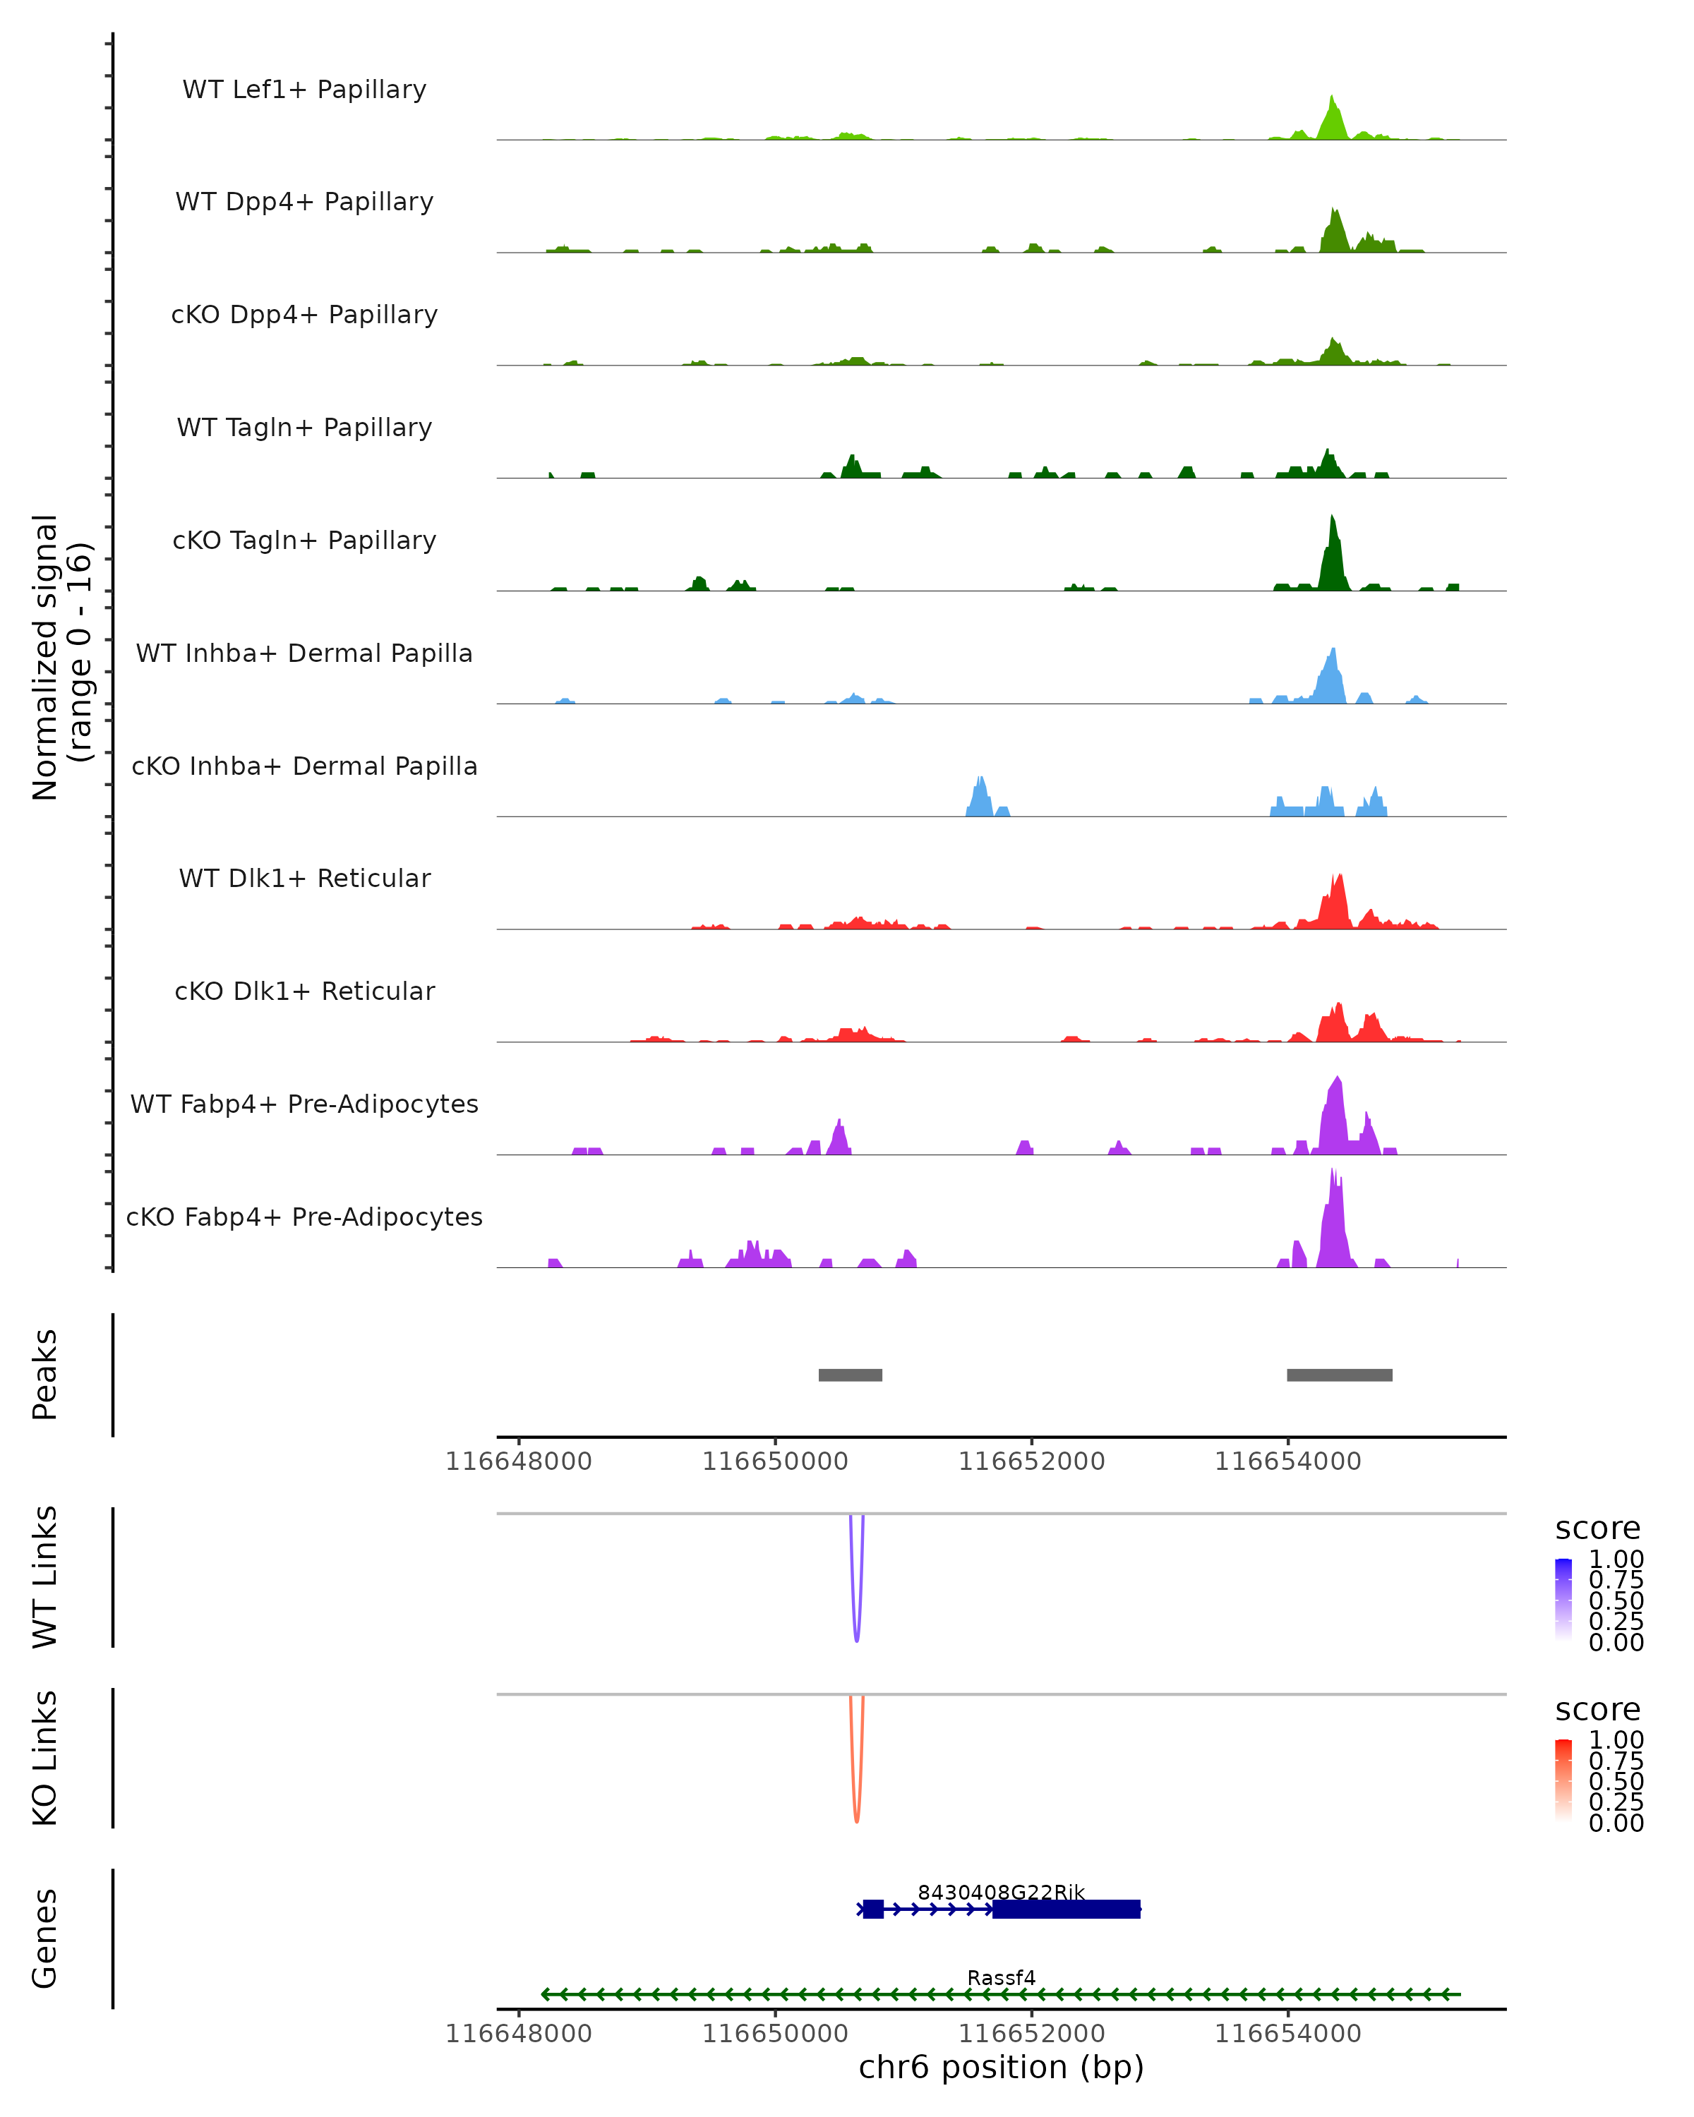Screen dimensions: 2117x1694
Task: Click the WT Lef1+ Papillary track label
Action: click(304, 90)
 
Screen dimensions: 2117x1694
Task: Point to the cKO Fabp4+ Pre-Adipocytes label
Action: click(304, 1217)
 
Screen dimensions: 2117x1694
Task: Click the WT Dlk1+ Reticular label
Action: click(304, 878)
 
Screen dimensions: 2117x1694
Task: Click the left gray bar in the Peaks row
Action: click(851, 1375)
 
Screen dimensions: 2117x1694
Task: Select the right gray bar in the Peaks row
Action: click(1340, 1375)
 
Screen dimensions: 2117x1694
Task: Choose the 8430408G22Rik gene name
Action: click(1001, 1892)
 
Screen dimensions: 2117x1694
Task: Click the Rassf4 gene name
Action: click(1001, 1977)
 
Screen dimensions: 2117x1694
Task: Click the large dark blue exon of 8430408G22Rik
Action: click(1067, 1909)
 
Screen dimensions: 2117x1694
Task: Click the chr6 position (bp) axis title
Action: click(1001, 2067)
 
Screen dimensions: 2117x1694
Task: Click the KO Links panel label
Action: click(45, 1758)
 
